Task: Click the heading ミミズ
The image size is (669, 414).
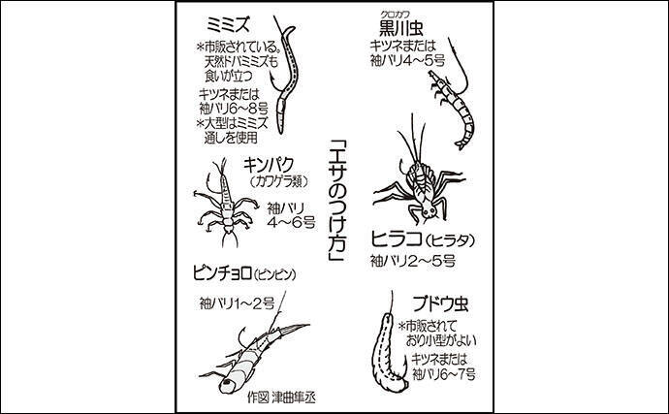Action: pyautogui.click(x=228, y=25)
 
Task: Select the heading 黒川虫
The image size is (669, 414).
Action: pyautogui.click(x=401, y=29)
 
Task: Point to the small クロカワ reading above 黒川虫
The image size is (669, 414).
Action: pyautogui.click(x=395, y=16)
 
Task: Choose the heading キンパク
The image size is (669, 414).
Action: pyautogui.click(x=269, y=165)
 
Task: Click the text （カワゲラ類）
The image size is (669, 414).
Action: pyautogui.click(x=279, y=182)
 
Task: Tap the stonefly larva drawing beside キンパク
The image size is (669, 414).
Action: pyautogui.click(x=225, y=203)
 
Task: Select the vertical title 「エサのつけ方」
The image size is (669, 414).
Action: pyautogui.click(x=337, y=202)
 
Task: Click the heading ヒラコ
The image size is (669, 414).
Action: pyautogui.click(x=396, y=239)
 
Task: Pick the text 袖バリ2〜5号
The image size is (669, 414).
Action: pyautogui.click(x=413, y=261)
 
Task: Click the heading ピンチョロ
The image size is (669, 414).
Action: pyautogui.click(x=222, y=273)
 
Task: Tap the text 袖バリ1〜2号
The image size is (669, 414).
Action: pyautogui.click(x=237, y=303)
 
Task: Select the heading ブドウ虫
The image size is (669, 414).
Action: pyautogui.click(x=440, y=303)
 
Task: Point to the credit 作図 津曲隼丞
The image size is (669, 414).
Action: pyautogui.click(x=281, y=398)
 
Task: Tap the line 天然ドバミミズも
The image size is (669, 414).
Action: pyautogui.click(x=241, y=61)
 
